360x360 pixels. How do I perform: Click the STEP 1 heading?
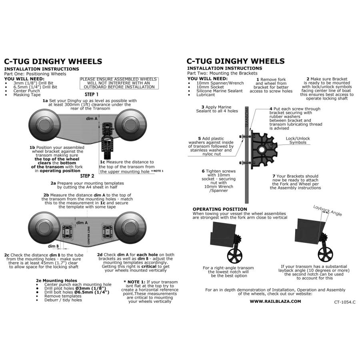pyautogui.click(x=91, y=94)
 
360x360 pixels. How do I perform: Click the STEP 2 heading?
pyautogui.click(x=87, y=176)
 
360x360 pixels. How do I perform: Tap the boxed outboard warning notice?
pyautogui.click(x=119, y=83)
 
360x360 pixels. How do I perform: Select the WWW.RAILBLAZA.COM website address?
pyautogui.click(x=275, y=302)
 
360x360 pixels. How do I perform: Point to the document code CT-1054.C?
pyautogui.click(x=345, y=302)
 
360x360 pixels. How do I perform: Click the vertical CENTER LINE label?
pyautogui.click(x=89, y=235)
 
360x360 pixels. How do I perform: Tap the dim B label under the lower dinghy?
pyautogui.click(x=53, y=246)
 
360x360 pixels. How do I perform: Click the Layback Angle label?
pyautogui.click(x=328, y=210)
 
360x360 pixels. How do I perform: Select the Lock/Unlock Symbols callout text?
pyautogui.click(x=298, y=140)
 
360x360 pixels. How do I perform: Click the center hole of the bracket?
pyautogui.click(x=261, y=150)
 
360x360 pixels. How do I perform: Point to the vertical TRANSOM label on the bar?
pyautogui.click(x=247, y=117)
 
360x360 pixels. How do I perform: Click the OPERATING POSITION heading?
pyautogui.click(x=220, y=209)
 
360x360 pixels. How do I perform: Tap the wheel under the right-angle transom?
pyautogui.click(x=235, y=255)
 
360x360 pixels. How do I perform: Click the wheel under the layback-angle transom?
pyautogui.click(x=325, y=253)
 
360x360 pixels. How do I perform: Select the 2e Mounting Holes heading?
pyautogui.click(x=56, y=280)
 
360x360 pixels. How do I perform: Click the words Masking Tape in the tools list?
pyautogui.click(x=27, y=95)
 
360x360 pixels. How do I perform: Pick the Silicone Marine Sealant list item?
pyautogui.click(x=220, y=91)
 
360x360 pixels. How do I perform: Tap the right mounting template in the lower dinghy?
pyautogui.click(x=108, y=232)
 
